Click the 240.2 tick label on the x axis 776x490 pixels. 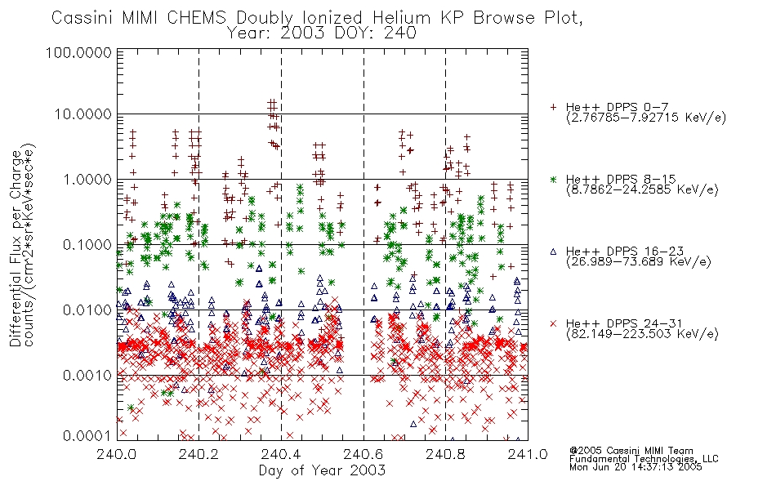pyautogui.click(x=199, y=454)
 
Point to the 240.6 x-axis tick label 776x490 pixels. pyautogui.click(x=363, y=454)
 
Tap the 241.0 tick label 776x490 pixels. pyautogui.click(x=528, y=454)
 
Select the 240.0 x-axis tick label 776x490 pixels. pyautogui.click(x=117, y=454)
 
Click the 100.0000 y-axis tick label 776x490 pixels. pyautogui.click(x=78, y=52)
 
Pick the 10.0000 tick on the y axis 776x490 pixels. pyautogui.click(x=83, y=114)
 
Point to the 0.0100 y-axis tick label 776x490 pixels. pyautogui.click(x=87, y=310)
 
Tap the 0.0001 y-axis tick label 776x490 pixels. pyautogui.click(x=87, y=436)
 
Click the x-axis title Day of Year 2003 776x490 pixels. pyautogui.click(x=322, y=470)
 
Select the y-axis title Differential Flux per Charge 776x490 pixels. pyautogui.click(x=16, y=249)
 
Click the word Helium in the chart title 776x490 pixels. pyautogui.click(x=402, y=18)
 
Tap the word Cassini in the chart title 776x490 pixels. pyautogui.click(x=83, y=18)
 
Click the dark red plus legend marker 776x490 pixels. pyautogui.click(x=553, y=107)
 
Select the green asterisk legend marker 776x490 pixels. pyautogui.click(x=553, y=179)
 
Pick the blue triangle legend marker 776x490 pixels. pyautogui.click(x=553, y=252)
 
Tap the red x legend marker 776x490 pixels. pyautogui.click(x=553, y=323)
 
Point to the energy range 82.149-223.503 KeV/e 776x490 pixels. pyautogui.click(x=642, y=334)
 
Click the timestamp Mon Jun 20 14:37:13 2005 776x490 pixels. pyautogui.click(x=636, y=467)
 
